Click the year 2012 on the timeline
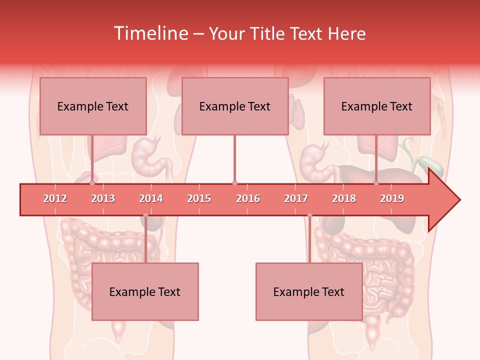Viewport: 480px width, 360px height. point(55,198)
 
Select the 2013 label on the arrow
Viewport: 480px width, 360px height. point(103,198)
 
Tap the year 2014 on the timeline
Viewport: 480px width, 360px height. point(151,198)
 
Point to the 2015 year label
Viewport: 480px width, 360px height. point(199,198)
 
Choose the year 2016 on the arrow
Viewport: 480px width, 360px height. point(248,198)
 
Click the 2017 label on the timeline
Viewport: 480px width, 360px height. point(296,198)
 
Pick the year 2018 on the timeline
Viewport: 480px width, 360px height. point(344,198)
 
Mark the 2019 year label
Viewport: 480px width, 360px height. point(392,198)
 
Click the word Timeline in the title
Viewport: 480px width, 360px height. point(150,33)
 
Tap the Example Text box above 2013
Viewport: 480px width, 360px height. point(93,106)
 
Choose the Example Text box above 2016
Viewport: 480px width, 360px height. point(235,106)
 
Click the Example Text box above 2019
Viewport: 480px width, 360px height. point(377,106)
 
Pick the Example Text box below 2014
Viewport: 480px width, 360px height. point(145,291)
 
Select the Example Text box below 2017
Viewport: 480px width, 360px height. point(309,291)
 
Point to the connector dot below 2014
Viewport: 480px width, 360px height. point(145,215)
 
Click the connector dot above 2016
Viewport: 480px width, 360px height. point(234,183)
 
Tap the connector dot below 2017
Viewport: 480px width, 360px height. point(309,215)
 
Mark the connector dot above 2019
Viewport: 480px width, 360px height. point(376,183)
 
